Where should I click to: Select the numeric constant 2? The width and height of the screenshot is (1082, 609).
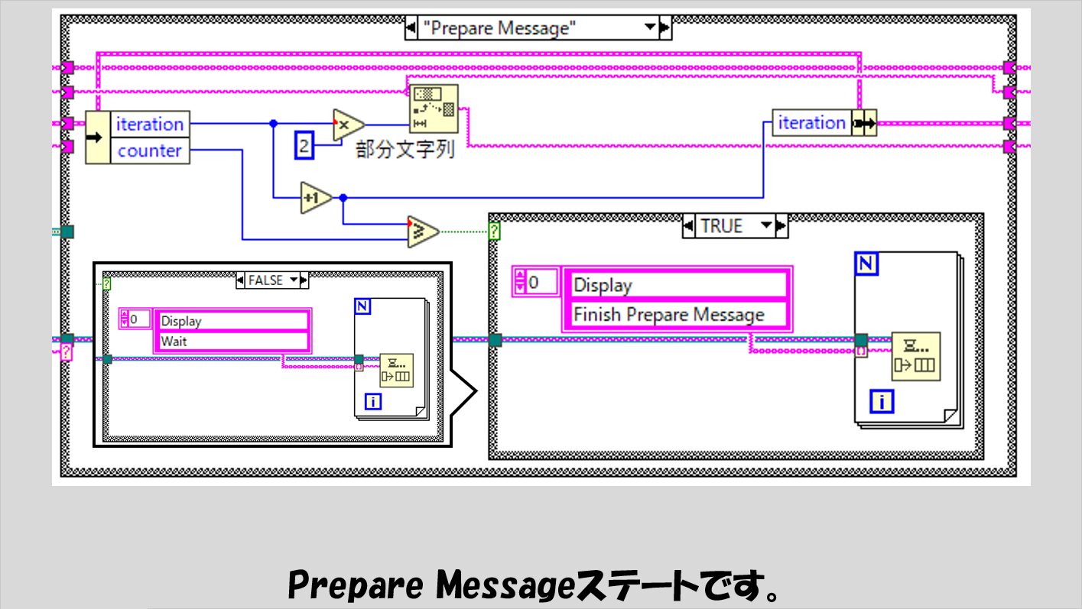[304, 146]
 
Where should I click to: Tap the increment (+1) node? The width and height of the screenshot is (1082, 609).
[316, 197]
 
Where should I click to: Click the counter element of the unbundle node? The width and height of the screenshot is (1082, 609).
[150, 151]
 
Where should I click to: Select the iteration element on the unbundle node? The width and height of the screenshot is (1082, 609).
[150, 124]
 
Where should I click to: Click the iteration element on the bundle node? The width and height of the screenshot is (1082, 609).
[811, 123]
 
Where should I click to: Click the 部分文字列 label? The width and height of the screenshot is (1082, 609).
[406, 149]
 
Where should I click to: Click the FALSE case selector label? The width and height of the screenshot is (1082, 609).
[265, 280]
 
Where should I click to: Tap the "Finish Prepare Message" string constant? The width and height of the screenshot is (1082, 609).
[669, 314]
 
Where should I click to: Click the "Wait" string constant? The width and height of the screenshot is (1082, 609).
[174, 341]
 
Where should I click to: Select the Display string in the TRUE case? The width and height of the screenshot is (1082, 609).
[603, 285]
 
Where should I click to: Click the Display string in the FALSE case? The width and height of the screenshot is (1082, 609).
[181, 321]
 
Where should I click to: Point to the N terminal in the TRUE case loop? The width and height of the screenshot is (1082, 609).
[867, 264]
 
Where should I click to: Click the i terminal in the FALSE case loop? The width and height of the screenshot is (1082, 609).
[373, 400]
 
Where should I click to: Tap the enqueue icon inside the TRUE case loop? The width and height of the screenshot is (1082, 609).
[915, 356]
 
